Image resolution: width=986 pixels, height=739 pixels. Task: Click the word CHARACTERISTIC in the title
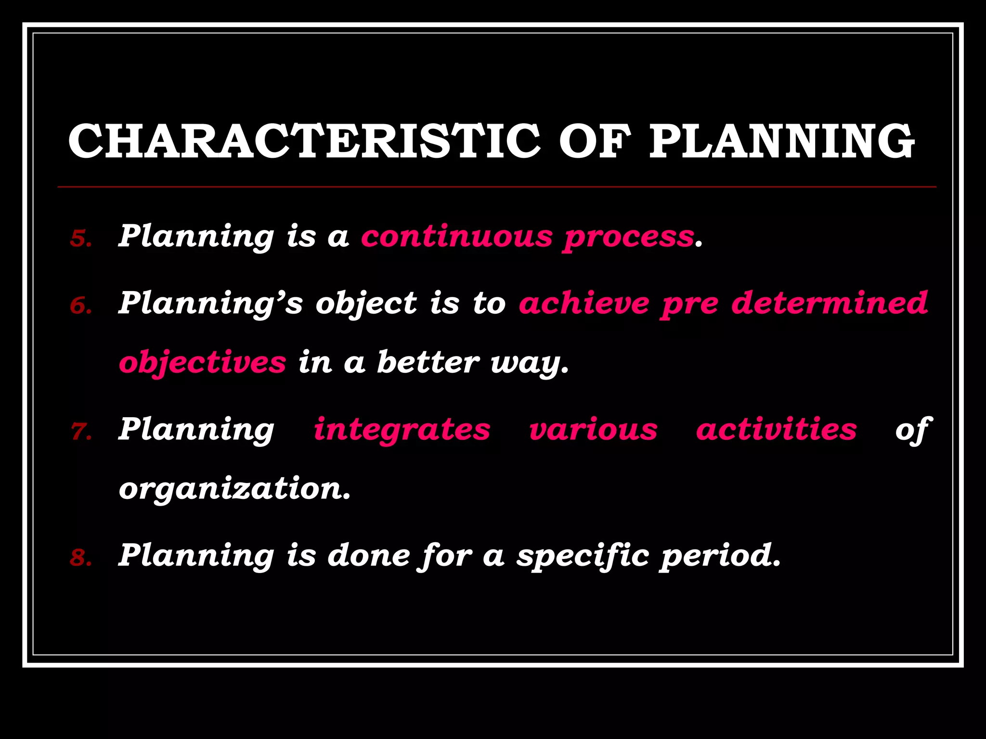pos(304,141)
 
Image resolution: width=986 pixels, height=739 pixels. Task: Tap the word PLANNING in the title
pos(781,141)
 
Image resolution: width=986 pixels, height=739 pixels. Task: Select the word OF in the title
pos(595,141)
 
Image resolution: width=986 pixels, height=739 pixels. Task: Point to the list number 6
pos(80,306)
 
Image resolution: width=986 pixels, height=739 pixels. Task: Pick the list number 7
pos(80,432)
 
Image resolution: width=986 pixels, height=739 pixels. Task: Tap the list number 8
pos(80,558)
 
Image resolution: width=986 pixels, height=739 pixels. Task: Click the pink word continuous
pos(457,237)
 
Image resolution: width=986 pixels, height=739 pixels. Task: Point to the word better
pos(428,362)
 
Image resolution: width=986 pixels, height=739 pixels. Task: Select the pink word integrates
pos(402,430)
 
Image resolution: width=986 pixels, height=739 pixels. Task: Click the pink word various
pos(593,430)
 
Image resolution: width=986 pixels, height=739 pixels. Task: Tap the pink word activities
pos(776,429)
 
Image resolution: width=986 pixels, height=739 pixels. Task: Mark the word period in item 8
pos(719,557)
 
